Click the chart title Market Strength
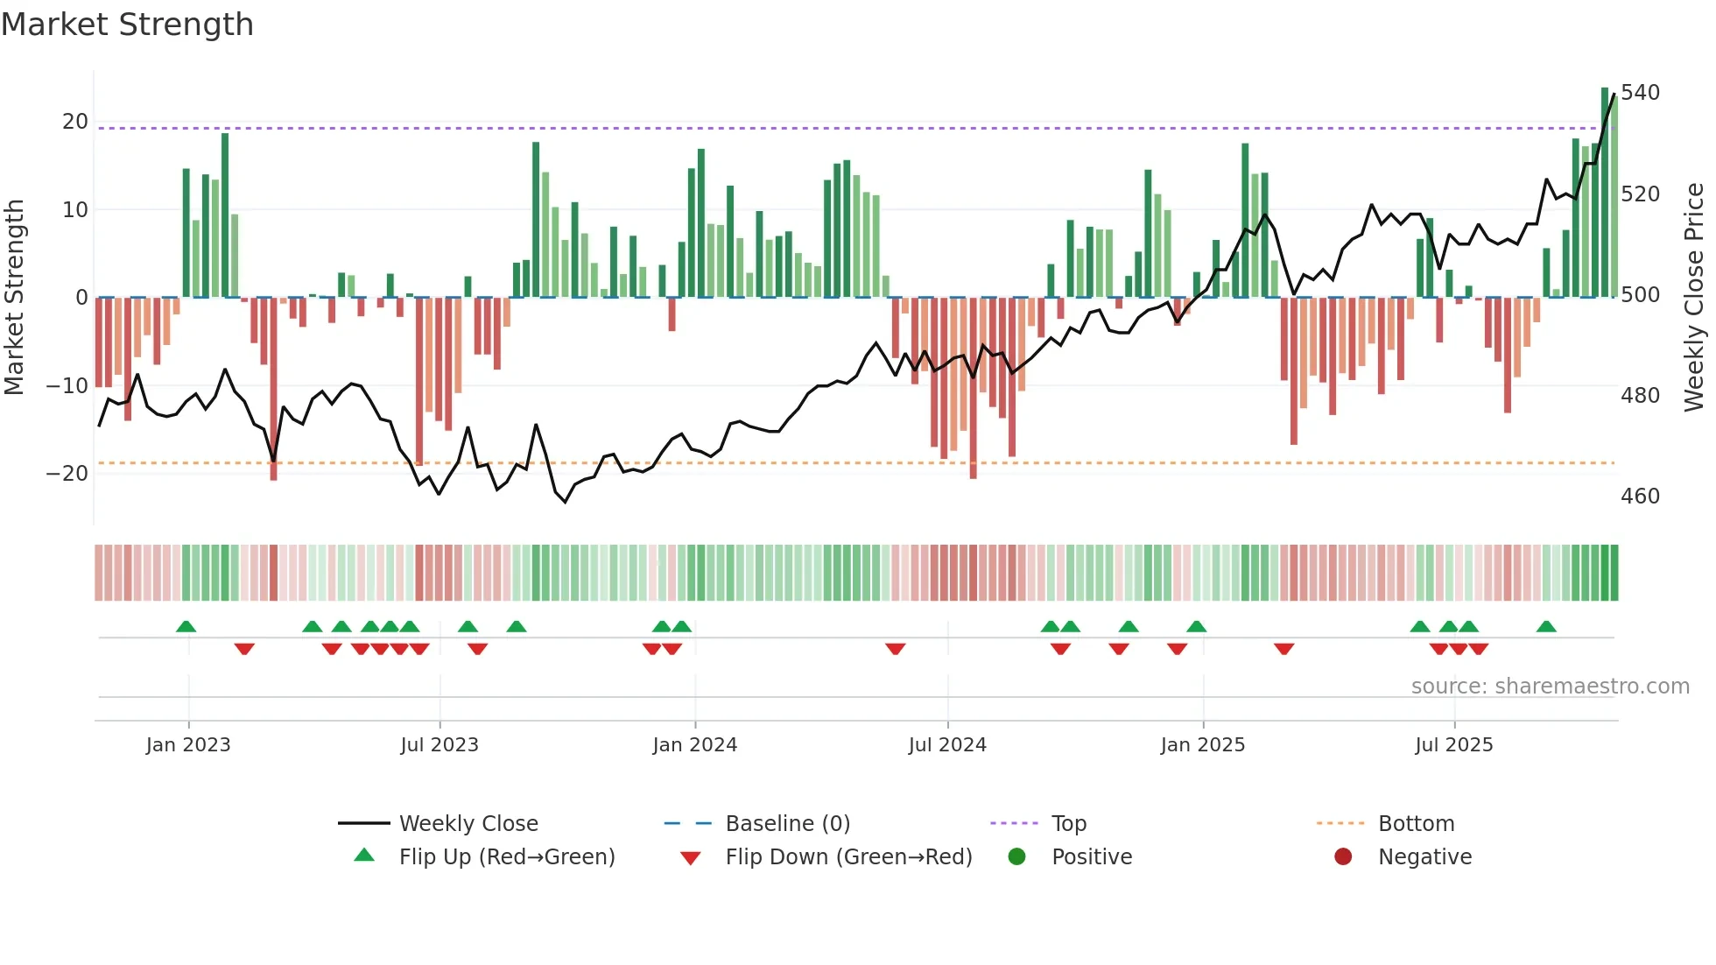(x=127, y=25)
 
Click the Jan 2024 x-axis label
(x=694, y=745)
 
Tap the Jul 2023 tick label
(x=440, y=745)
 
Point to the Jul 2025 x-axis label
(x=1453, y=745)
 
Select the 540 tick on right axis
(x=1640, y=93)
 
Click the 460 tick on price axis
(x=1640, y=497)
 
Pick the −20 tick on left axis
(x=67, y=474)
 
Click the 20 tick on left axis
(x=75, y=122)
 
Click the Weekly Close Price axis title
(x=1694, y=297)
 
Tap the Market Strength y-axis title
(x=14, y=297)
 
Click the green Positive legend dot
(x=1016, y=856)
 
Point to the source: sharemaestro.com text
(x=1550, y=687)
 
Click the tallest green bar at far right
(x=1605, y=193)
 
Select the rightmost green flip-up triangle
(x=1546, y=627)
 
